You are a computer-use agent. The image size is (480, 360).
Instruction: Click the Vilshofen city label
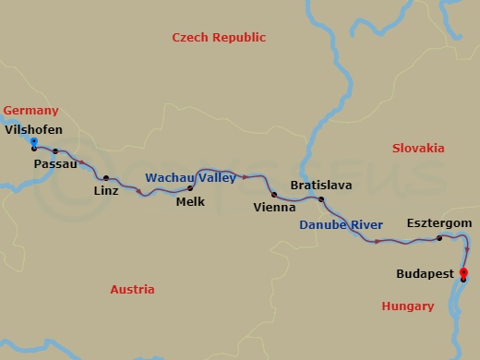coord(34,129)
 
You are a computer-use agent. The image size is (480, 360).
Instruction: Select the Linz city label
coord(106,191)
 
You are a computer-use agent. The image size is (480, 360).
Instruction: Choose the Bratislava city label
coord(320,186)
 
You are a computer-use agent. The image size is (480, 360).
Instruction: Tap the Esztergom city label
coord(439,224)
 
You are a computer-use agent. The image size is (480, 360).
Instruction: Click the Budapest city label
coord(425,274)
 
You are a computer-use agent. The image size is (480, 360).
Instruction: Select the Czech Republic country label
coord(219,38)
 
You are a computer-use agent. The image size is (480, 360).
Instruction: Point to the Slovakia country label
coord(418,148)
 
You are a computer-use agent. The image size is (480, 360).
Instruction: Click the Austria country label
coord(132,289)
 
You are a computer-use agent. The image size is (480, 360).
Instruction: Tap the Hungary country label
coord(407,306)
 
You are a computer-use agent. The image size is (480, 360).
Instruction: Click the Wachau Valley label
coord(189,177)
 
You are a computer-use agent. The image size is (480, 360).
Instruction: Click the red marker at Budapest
coord(463,272)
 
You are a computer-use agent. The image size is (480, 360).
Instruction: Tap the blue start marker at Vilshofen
coord(34,142)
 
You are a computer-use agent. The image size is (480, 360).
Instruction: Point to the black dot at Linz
coord(106,178)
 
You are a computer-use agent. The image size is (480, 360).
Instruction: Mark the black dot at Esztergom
coord(439,239)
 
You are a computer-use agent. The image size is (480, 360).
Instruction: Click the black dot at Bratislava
coord(321,199)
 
